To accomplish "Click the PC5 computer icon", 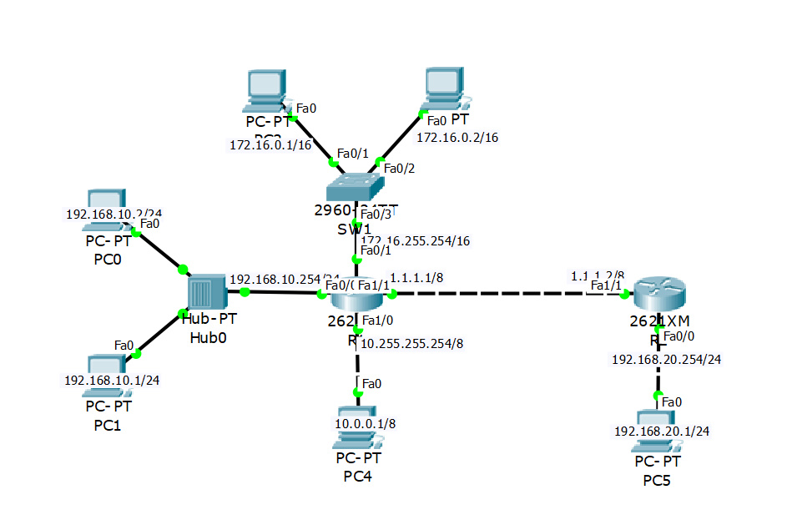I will (x=658, y=421).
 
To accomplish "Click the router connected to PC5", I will (x=658, y=295).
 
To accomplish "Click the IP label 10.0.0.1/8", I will (x=365, y=424).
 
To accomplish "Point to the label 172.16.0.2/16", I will (x=457, y=137).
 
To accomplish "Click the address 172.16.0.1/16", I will (x=270, y=145).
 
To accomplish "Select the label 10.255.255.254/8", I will (x=411, y=343).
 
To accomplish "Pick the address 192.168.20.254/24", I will (x=666, y=359).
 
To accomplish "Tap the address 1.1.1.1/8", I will (x=415, y=277).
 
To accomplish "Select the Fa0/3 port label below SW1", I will (x=372, y=215).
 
